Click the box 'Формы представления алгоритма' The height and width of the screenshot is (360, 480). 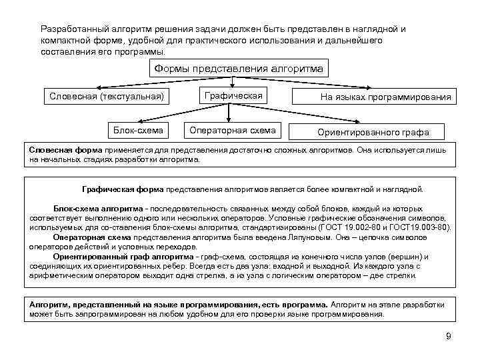click(x=239, y=68)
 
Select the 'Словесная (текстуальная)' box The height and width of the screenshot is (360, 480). click(x=107, y=97)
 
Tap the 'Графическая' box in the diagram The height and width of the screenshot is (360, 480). click(x=233, y=96)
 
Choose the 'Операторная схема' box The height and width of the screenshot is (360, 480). click(x=233, y=129)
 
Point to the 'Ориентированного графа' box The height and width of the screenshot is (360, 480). click(x=373, y=131)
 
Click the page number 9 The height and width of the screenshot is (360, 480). click(x=448, y=336)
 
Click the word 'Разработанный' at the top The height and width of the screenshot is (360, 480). click(x=72, y=30)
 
